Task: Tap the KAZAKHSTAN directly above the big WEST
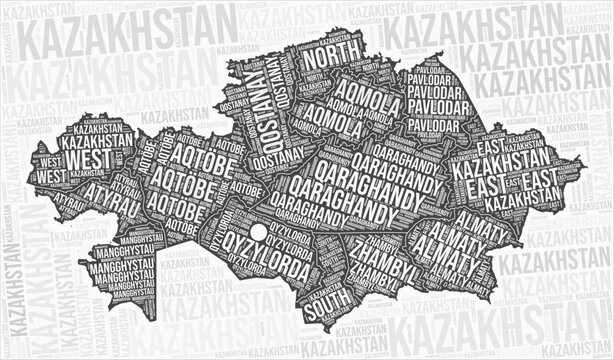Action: pyautogui.click(x=96, y=142)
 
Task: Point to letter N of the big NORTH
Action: pyautogui.click(x=309, y=59)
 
